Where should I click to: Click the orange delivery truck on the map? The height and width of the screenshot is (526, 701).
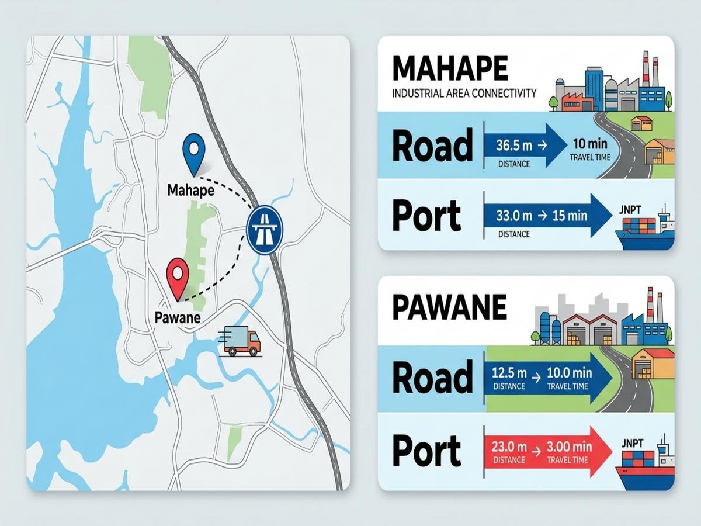pyautogui.click(x=240, y=342)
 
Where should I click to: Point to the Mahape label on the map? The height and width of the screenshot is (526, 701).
pyautogui.click(x=190, y=191)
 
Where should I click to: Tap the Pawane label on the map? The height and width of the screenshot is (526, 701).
pyautogui.click(x=178, y=318)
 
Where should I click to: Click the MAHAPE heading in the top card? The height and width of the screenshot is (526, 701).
pyautogui.click(x=449, y=69)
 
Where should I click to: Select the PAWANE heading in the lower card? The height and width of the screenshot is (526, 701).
pyautogui.click(x=449, y=308)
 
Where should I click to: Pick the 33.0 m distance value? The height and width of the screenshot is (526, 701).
pyautogui.click(x=514, y=216)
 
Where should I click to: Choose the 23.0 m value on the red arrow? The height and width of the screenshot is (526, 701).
pyautogui.click(x=509, y=447)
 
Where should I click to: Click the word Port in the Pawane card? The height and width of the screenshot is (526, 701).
pyautogui.click(x=426, y=451)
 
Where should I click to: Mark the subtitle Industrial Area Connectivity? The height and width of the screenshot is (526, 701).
pyautogui.click(x=464, y=93)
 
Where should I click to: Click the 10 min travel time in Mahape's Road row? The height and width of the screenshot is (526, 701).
pyautogui.click(x=589, y=144)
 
